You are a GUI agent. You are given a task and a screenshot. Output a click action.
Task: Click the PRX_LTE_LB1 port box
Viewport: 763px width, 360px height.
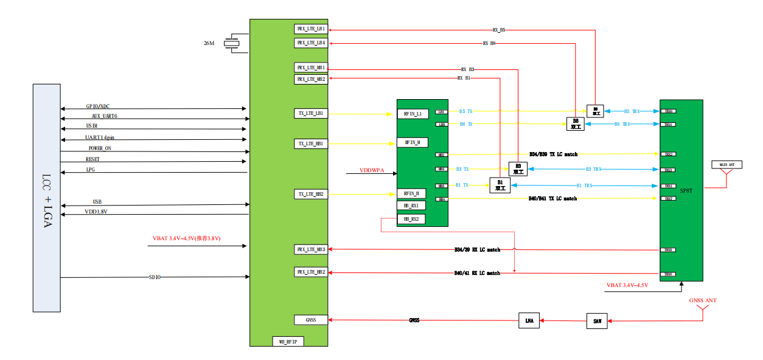point(310,29)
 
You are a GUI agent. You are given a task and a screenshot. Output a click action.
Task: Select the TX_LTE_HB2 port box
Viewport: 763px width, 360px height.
point(310,194)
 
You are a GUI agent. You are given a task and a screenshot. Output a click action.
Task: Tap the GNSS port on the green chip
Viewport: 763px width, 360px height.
point(310,319)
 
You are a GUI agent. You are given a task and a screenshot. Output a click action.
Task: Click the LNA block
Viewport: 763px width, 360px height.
point(529,321)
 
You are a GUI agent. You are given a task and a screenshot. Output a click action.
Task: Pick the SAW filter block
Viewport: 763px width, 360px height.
point(597,321)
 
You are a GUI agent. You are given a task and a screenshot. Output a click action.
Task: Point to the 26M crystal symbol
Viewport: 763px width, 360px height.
point(231,43)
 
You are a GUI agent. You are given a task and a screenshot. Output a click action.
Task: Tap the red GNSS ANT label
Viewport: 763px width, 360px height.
point(702,300)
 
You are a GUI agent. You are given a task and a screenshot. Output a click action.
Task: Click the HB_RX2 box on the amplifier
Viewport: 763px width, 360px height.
point(411,218)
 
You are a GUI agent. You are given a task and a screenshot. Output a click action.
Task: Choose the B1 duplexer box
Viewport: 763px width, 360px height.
point(500,185)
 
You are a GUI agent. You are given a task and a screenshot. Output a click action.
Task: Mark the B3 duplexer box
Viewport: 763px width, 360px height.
point(518,169)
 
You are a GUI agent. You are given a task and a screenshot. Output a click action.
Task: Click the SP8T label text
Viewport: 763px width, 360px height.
point(686,190)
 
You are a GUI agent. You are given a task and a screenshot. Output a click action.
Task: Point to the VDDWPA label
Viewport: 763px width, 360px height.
point(372,170)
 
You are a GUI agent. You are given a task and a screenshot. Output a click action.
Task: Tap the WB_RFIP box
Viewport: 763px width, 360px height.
point(288,342)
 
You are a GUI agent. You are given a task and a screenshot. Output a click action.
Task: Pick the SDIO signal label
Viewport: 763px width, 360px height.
point(155,277)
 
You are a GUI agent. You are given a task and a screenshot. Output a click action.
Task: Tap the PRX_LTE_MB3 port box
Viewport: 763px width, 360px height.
point(310,249)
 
